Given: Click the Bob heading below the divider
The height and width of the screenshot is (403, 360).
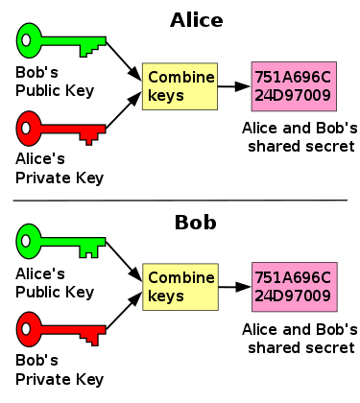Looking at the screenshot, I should pos(195,224).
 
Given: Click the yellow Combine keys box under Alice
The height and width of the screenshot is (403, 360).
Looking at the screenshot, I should pos(180,85).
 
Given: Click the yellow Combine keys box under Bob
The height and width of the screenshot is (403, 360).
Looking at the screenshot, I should pos(180,288).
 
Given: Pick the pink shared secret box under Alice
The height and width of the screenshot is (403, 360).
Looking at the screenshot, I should pos(292,85).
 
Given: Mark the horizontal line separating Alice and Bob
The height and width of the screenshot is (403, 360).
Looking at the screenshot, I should pos(180,200).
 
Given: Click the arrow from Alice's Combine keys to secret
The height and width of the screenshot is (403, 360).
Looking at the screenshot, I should pos(233,85).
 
